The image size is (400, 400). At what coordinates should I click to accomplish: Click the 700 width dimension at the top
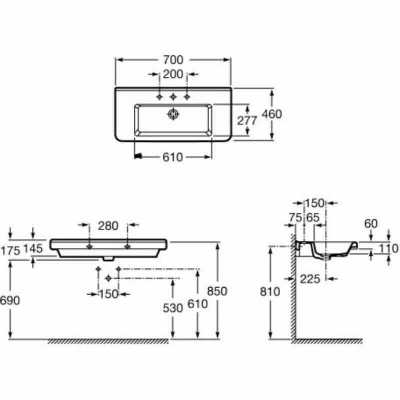[x=173, y=60]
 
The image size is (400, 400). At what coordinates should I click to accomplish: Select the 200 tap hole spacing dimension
[x=173, y=75]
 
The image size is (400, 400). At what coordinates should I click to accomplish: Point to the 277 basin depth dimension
[x=247, y=120]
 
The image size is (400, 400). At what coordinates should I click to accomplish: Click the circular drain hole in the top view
[x=173, y=114]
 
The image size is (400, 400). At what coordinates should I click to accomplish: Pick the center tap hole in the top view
[x=173, y=96]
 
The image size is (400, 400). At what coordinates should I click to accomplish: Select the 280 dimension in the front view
[x=108, y=226]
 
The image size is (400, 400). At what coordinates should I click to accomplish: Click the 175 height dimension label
[x=10, y=251]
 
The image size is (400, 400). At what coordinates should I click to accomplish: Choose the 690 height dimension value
[x=10, y=300]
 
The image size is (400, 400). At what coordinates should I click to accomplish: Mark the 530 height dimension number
[x=173, y=308]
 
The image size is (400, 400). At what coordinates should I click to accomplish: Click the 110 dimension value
[x=388, y=248]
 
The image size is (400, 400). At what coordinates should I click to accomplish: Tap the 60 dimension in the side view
[x=370, y=225]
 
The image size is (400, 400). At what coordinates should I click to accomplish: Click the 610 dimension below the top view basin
[x=173, y=157]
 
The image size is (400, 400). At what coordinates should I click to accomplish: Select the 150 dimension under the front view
[x=108, y=294]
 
